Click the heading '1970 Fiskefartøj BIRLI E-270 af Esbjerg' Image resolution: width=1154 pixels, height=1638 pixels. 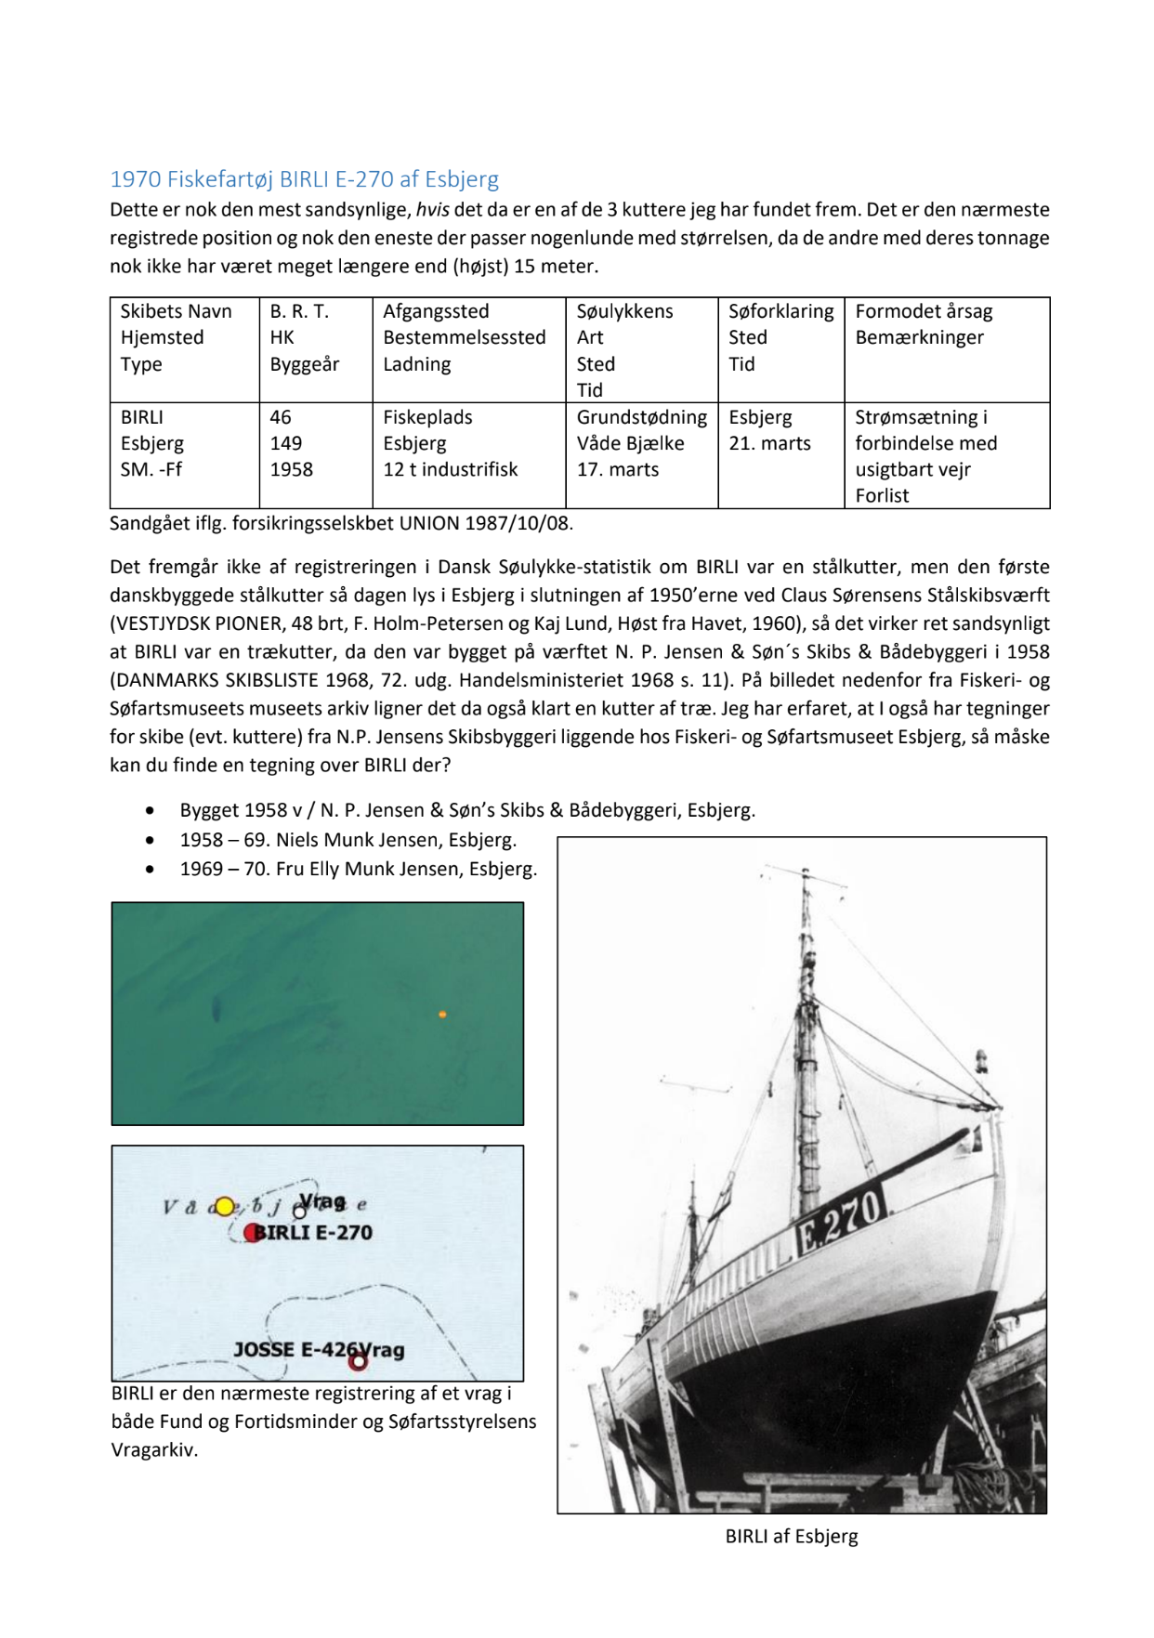[304, 179]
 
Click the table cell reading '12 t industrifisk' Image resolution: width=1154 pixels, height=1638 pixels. [450, 470]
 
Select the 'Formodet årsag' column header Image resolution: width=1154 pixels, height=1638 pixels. [924, 312]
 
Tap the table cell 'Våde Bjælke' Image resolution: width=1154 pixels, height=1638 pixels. [630, 444]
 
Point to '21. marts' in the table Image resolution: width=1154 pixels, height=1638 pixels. [769, 444]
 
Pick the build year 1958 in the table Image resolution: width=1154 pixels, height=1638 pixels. [292, 470]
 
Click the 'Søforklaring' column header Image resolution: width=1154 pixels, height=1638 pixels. [780, 312]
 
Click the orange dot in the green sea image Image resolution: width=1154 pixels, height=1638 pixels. [442, 1014]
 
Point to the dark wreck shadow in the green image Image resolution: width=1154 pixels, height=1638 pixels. [216, 1007]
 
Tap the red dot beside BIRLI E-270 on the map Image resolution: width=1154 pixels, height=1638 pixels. [252, 1233]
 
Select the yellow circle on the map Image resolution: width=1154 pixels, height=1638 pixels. [224, 1207]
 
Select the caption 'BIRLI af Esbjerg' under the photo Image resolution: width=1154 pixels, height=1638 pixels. [792, 1537]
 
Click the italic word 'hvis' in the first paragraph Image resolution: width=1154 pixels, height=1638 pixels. [432, 210]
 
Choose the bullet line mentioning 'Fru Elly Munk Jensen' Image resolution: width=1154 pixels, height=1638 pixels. [358, 870]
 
